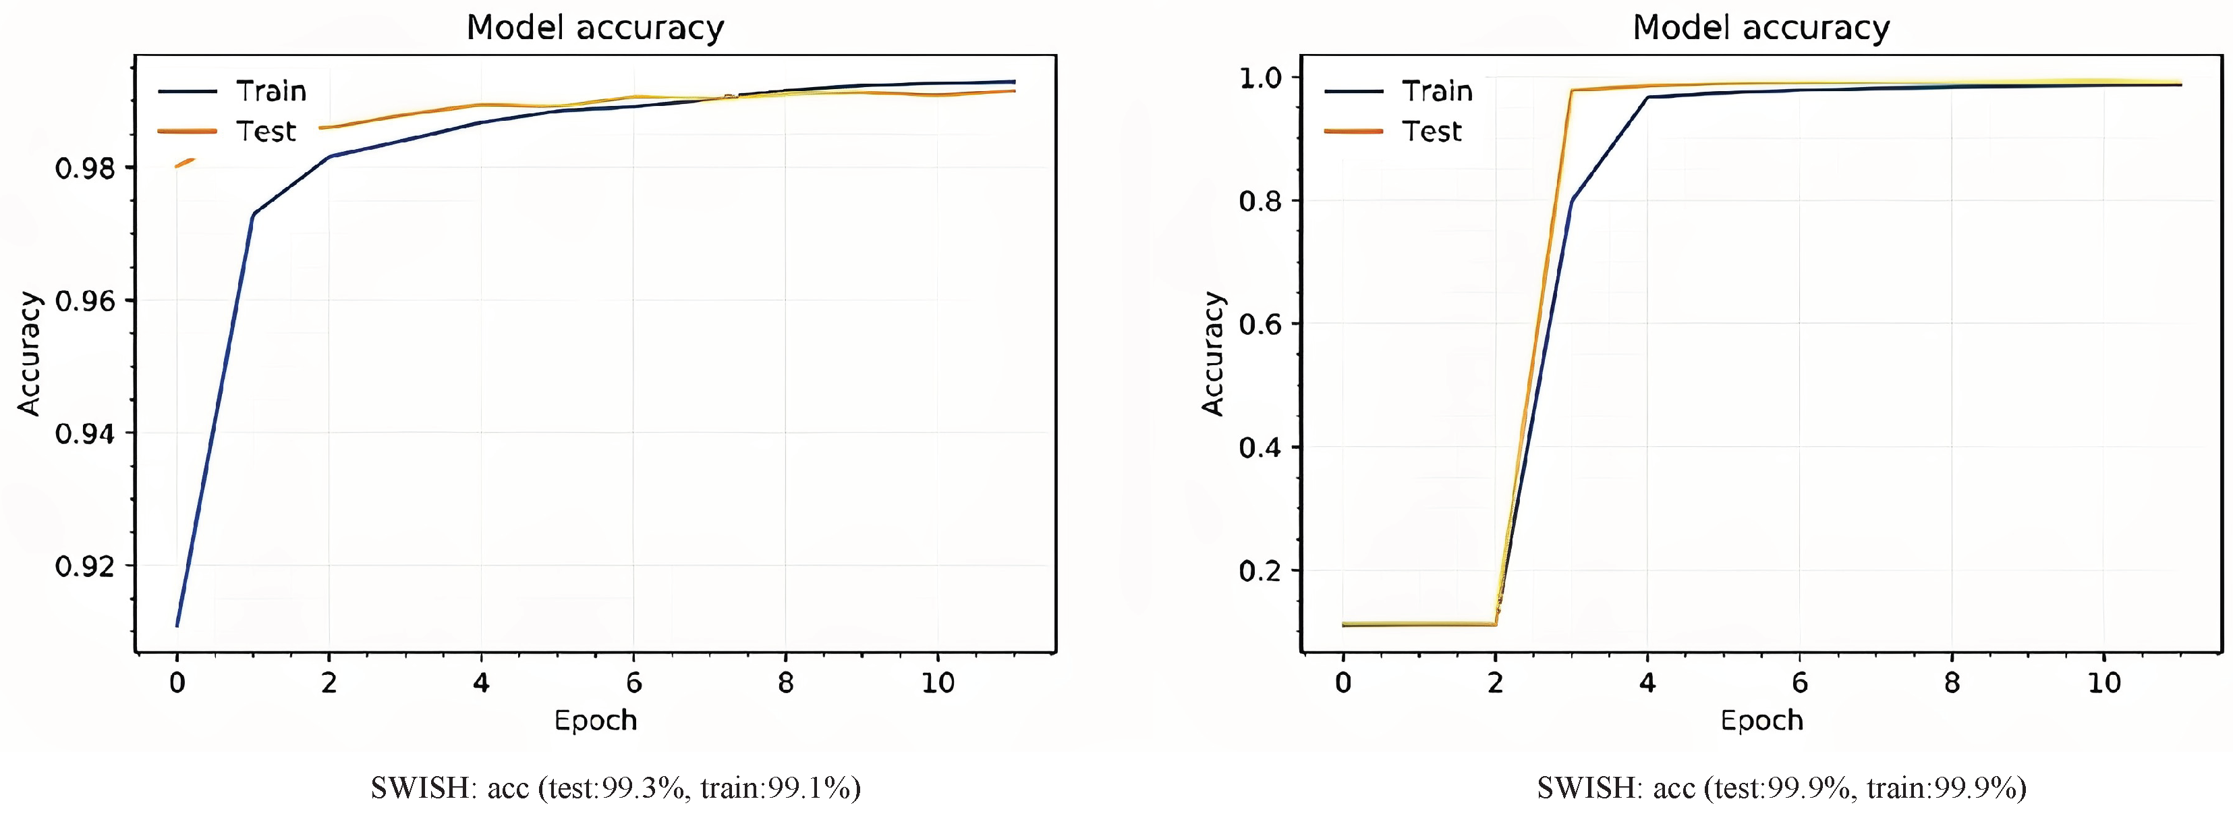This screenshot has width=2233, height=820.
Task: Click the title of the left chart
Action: (594, 28)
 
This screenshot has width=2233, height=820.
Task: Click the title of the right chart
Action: (1761, 28)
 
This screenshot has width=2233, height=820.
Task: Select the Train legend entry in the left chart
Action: (271, 91)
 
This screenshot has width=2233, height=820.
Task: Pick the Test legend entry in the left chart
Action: (265, 132)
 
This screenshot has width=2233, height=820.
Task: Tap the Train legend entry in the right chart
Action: (1437, 91)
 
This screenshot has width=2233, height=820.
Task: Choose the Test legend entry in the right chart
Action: (1432, 132)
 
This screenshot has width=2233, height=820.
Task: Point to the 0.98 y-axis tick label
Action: (84, 168)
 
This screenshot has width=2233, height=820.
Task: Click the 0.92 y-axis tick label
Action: (84, 567)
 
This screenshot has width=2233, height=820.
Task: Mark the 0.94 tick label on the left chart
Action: (84, 433)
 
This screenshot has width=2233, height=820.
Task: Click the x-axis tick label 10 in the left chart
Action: (937, 683)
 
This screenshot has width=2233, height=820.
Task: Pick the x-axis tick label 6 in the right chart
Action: (1800, 683)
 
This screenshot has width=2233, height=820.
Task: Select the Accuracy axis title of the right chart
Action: (1213, 354)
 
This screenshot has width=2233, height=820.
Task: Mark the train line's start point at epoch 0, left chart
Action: (177, 625)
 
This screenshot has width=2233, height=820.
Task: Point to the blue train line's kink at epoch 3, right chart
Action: (1572, 201)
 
